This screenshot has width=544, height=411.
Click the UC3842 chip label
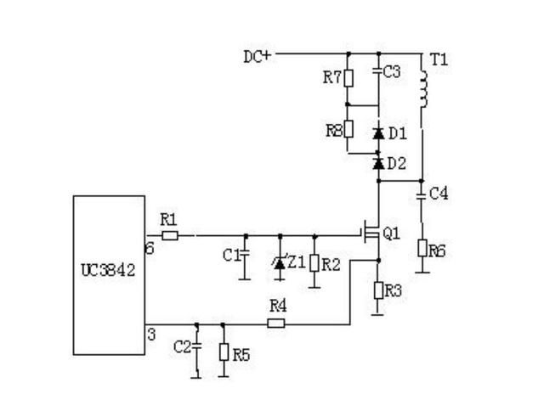click(x=108, y=270)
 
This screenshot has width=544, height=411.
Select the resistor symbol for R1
click(x=170, y=236)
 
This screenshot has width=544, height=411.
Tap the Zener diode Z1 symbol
click(x=280, y=263)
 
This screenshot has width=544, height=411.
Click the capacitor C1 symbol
click(x=246, y=252)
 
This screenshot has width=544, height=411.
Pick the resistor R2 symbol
click(x=314, y=263)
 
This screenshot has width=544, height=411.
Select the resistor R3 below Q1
click(x=378, y=290)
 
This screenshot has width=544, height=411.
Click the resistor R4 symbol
click(x=276, y=324)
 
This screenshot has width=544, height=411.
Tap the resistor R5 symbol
click(x=224, y=352)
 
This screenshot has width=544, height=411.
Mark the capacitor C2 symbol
click(x=196, y=345)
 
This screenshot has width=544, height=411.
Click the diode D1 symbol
click(x=378, y=133)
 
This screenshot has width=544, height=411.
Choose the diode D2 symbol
click(x=378, y=163)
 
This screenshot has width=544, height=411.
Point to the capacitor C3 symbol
click(x=378, y=71)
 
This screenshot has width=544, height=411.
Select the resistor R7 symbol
click(x=348, y=78)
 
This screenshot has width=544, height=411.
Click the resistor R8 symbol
click(x=348, y=129)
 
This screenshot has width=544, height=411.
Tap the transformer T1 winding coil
click(x=423, y=89)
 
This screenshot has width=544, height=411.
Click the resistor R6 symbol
click(x=422, y=248)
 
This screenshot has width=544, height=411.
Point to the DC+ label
click(x=258, y=57)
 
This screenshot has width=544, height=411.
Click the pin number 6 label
click(x=150, y=249)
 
